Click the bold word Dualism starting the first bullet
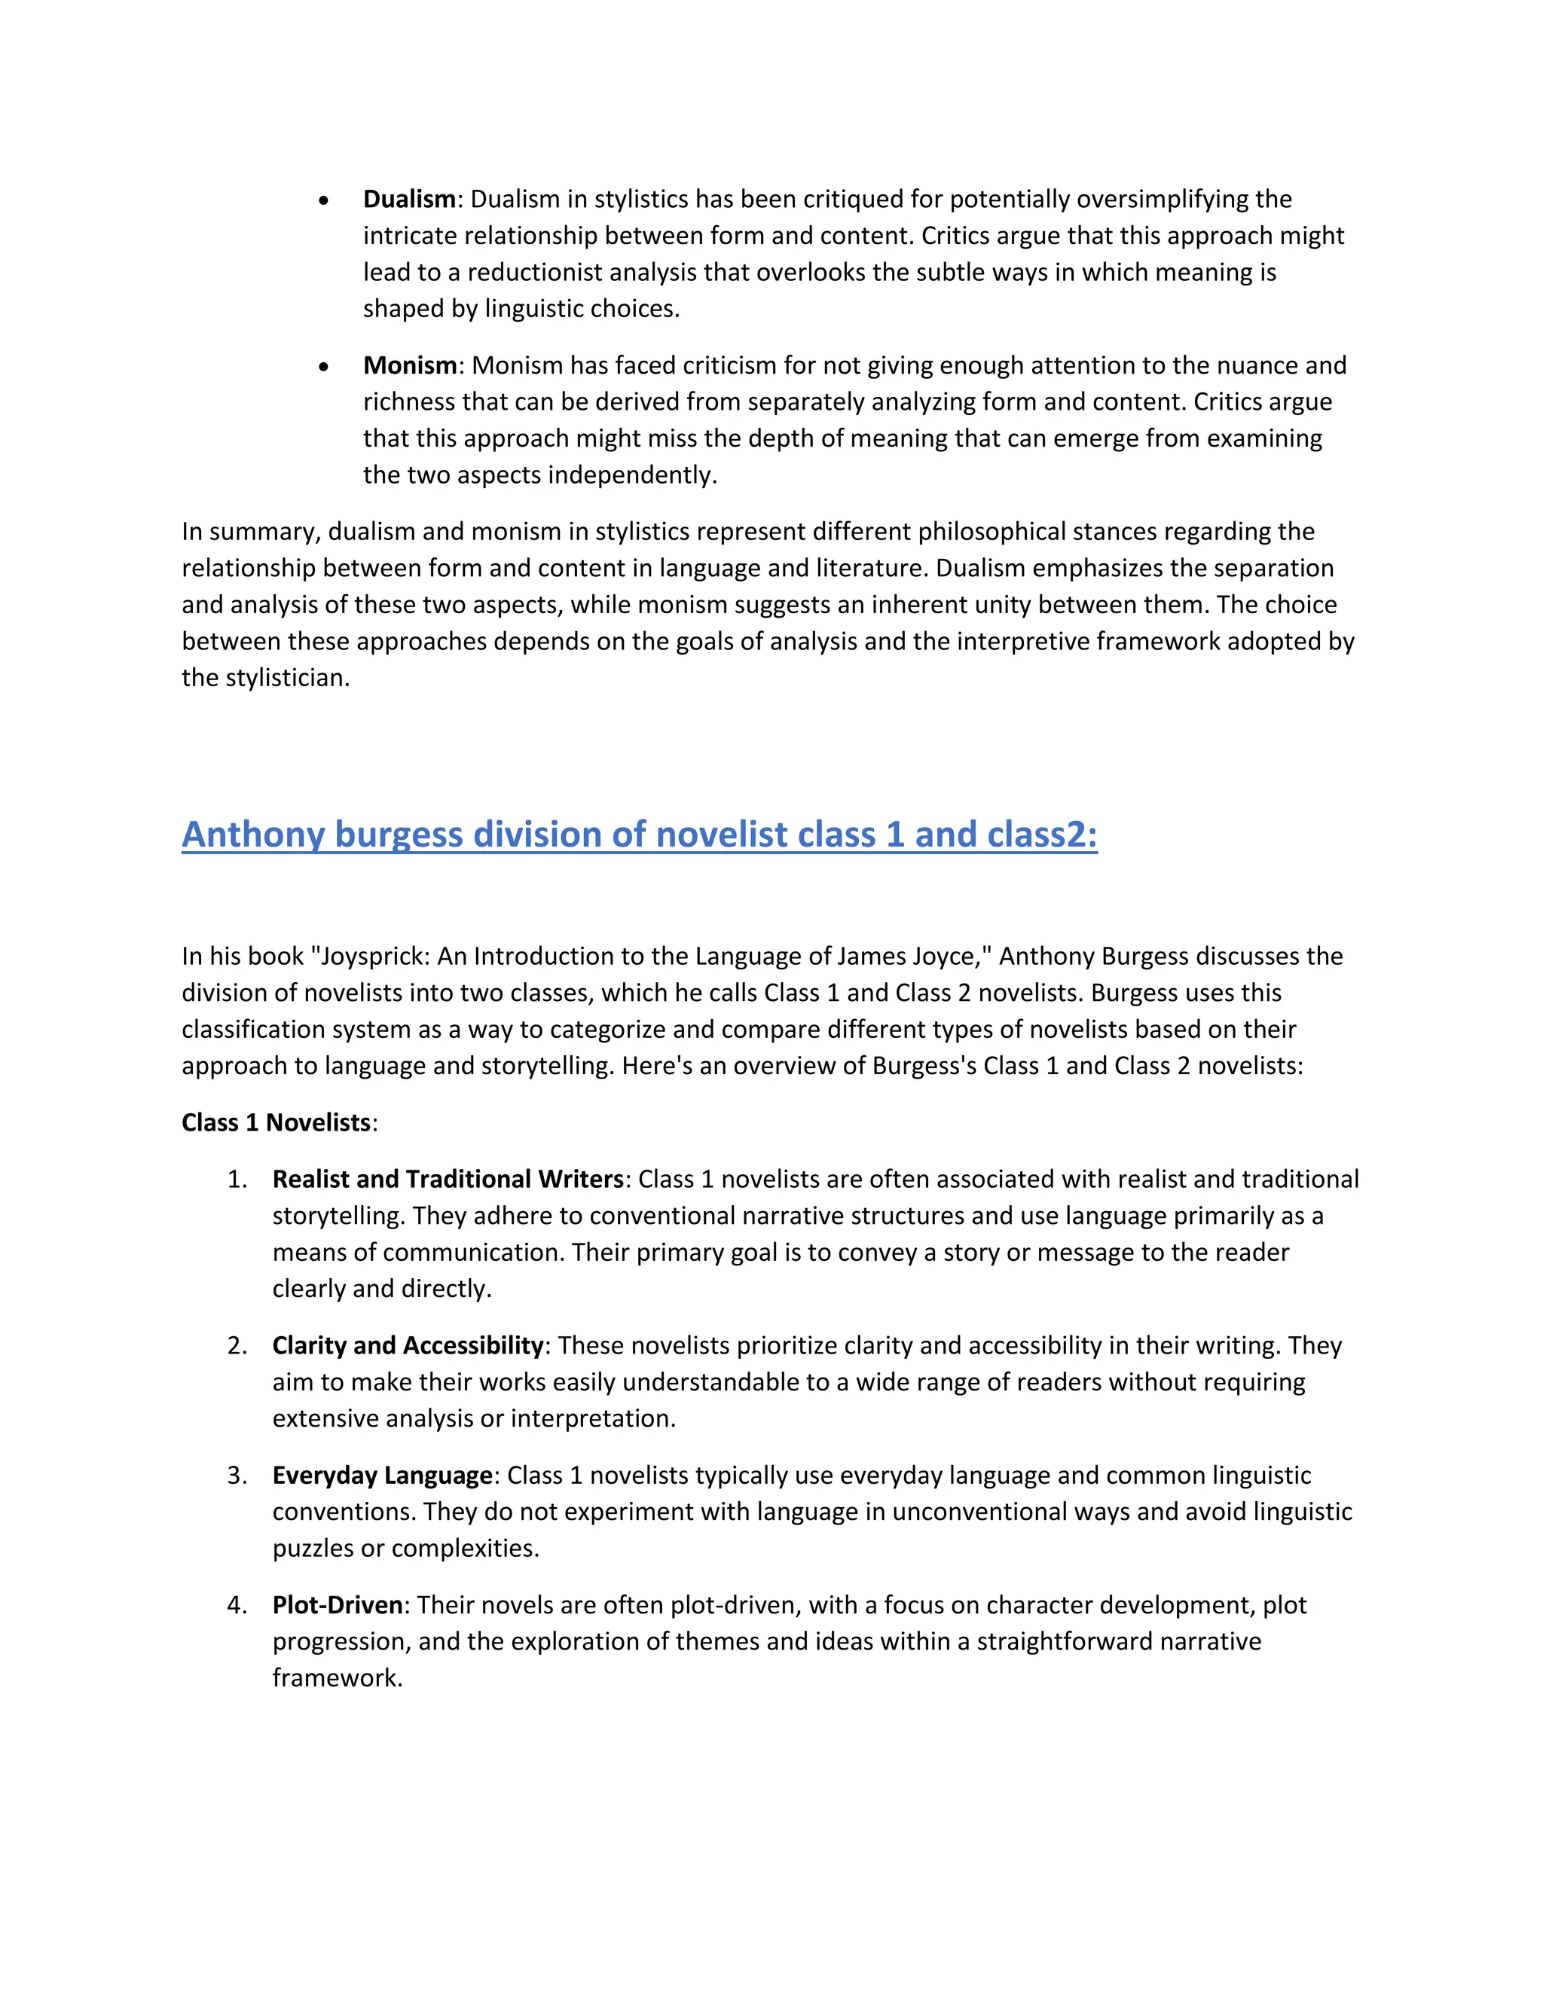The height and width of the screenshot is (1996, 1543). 408,200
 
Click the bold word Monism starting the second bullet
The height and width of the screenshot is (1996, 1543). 410,365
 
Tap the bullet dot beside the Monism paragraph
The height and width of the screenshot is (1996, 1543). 323,368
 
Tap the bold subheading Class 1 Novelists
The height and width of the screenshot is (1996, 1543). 276,1122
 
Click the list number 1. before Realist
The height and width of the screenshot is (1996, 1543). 237,1179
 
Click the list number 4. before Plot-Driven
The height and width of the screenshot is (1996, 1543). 237,1605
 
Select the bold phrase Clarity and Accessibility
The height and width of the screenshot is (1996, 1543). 408,1345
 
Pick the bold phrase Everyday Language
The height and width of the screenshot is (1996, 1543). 382,1475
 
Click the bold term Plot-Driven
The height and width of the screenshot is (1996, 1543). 338,1605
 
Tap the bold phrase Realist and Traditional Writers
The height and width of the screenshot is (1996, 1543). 447,1179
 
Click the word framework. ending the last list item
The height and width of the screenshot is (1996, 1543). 338,1678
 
